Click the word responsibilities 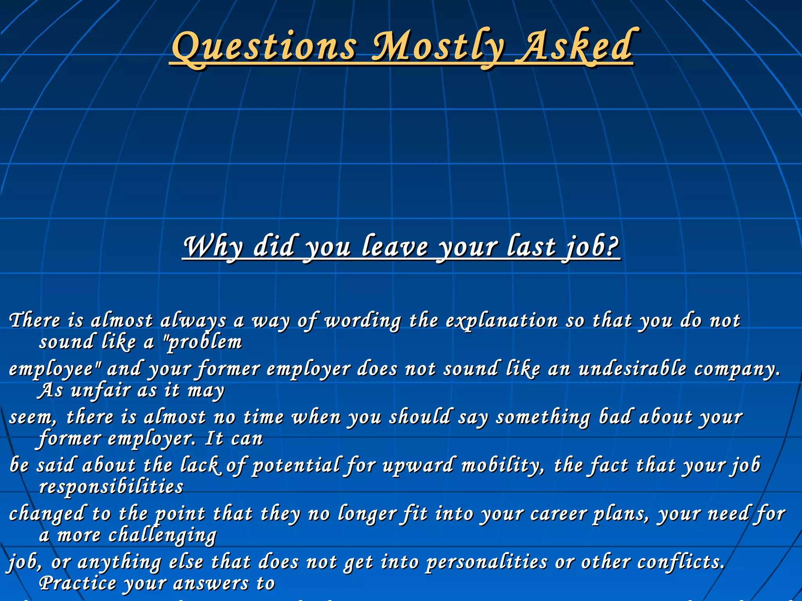pyautogui.click(x=111, y=488)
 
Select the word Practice pyautogui.click(x=78, y=584)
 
